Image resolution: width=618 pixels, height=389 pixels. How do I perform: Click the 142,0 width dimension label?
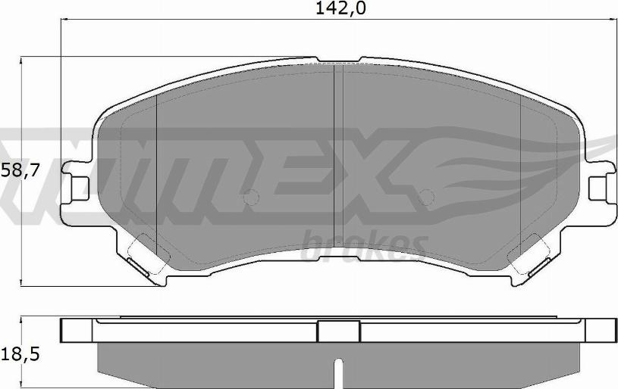click(x=340, y=8)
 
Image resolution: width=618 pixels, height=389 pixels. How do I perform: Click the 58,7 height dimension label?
click(x=20, y=171)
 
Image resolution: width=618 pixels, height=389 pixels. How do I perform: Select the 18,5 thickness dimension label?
click(x=20, y=355)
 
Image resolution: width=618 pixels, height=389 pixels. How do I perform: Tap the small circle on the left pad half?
click(x=251, y=197)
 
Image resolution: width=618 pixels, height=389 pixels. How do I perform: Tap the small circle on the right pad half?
click(x=426, y=197)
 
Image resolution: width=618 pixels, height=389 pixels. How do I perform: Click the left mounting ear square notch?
click(x=80, y=188)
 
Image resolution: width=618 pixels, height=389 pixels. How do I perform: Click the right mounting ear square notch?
click(x=597, y=188)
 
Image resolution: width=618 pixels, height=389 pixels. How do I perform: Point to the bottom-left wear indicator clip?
click(x=137, y=268)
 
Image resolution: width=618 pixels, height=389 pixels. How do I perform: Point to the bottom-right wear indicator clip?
click(x=539, y=268)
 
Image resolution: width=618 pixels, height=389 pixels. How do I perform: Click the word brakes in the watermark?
click(x=364, y=244)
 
